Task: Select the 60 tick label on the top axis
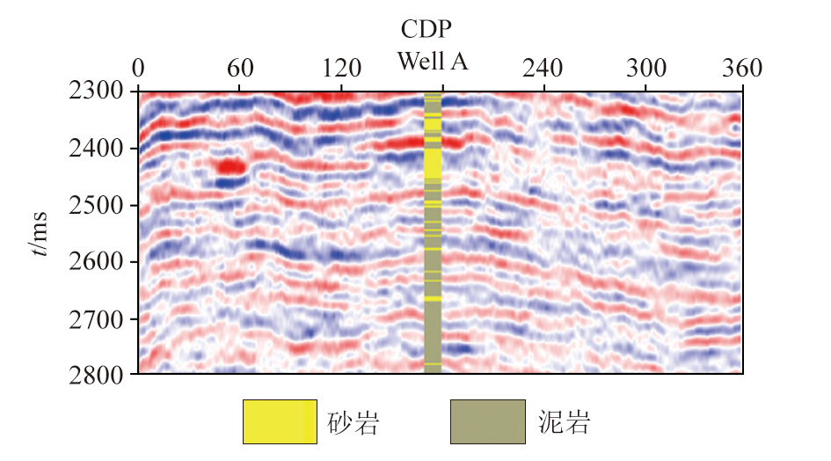tap(240, 69)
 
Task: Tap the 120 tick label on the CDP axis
tap(341, 69)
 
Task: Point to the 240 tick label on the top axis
tap(545, 69)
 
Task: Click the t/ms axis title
tap(40, 233)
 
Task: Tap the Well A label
tap(433, 62)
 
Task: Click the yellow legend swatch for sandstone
tap(280, 421)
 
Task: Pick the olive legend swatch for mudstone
tap(486, 421)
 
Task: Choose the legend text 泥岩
tap(563, 423)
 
